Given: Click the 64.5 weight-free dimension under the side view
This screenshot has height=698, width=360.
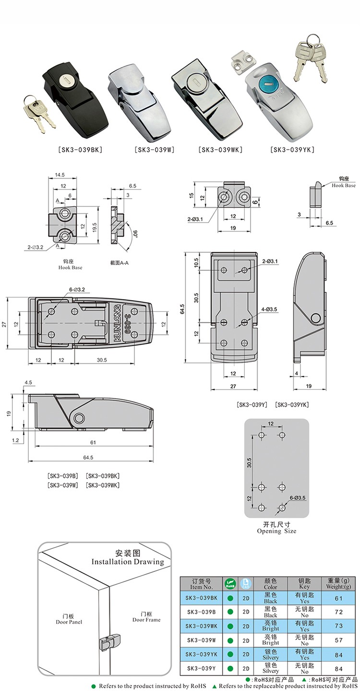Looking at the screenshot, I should [x=88, y=457].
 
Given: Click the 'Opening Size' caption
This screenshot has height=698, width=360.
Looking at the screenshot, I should [x=276, y=531].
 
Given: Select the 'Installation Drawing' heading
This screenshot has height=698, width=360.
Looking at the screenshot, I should [x=127, y=562].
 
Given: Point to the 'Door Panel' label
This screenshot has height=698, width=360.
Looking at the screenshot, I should [x=69, y=622].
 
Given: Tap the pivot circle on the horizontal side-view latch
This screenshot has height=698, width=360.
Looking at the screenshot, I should [x=78, y=419].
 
